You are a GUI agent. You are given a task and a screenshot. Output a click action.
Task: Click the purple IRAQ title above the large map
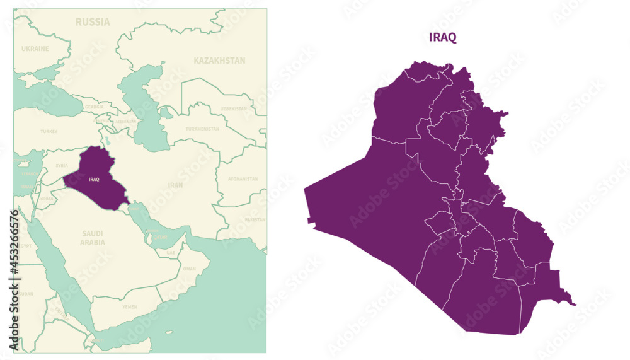point(443,37)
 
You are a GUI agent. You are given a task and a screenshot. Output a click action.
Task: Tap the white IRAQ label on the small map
point(94,180)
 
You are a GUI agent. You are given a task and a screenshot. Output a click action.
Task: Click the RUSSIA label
point(93,22)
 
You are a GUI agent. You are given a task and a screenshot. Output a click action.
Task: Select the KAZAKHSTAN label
point(219,61)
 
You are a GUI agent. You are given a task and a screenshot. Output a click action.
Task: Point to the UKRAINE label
point(35,49)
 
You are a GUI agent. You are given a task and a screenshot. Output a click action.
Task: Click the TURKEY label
point(49,131)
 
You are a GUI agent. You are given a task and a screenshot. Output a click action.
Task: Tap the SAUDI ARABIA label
point(93,238)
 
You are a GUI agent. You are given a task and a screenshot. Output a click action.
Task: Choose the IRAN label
point(175,185)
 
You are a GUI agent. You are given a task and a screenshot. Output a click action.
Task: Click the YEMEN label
point(129,306)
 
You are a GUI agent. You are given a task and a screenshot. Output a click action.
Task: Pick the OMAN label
point(189,269)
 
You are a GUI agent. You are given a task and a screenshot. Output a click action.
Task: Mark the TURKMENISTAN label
point(202,129)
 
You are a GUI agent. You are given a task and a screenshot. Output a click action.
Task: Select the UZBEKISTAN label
point(234,108)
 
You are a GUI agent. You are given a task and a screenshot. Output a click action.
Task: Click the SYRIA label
point(62,166)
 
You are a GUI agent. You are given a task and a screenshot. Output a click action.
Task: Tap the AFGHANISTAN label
point(243,178)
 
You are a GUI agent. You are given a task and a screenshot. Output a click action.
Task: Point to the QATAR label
point(161,238)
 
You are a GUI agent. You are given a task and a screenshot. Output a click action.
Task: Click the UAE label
point(171,252)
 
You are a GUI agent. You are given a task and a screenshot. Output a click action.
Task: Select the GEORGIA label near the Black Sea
point(94,107)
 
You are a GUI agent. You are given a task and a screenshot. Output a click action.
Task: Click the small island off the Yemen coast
point(168,332)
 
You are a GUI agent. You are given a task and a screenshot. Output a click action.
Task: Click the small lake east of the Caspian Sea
point(166,114)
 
